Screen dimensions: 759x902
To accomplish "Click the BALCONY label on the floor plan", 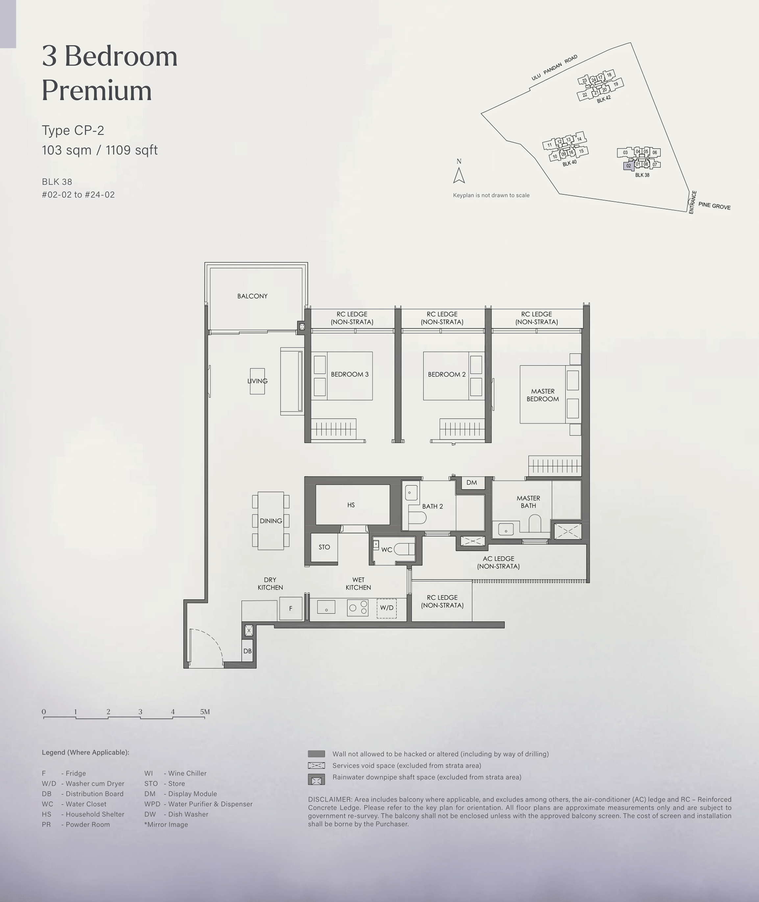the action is [x=252, y=296].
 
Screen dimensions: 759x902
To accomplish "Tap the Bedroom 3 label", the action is [x=349, y=374].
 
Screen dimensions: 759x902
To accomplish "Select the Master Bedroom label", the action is [x=543, y=395].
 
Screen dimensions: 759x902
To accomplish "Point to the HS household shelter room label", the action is [x=351, y=505].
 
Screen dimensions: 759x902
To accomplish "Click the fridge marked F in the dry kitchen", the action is [x=290, y=608].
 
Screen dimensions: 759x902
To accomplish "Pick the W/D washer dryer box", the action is [x=386, y=608].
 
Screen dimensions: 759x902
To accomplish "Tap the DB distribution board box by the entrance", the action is [x=247, y=651].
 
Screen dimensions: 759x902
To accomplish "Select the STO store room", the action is [x=324, y=547].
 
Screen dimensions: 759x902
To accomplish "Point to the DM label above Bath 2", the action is [x=472, y=482].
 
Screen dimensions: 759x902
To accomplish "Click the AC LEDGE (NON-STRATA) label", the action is [x=498, y=562].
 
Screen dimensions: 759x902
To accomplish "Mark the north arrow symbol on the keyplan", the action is [x=459, y=175].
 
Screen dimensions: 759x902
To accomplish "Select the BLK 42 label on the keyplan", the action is [x=604, y=99].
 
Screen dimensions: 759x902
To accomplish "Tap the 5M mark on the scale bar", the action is [x=205, y=711].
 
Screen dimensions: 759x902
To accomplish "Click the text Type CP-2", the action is [x=73, y=130].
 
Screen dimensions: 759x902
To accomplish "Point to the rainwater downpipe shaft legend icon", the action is [x=316, y=779].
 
